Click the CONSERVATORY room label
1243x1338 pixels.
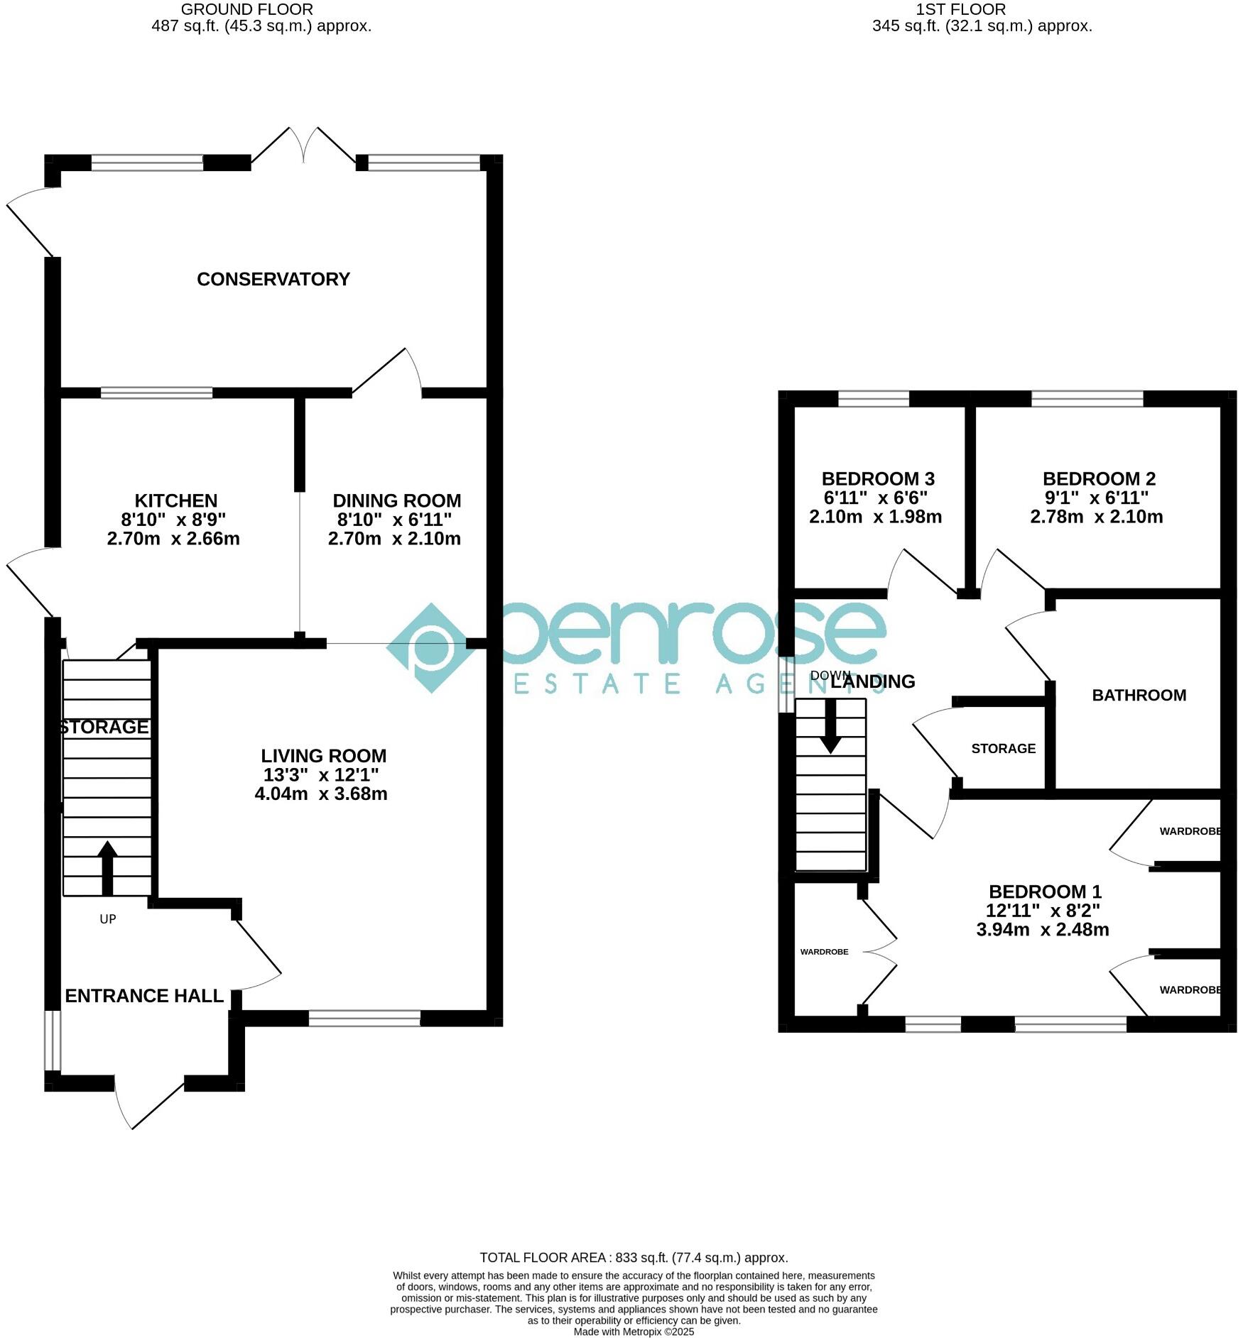click(273, 279)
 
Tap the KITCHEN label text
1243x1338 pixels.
click(176, 500)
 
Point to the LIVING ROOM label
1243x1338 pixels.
click(323, 756)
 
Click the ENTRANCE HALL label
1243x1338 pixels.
click(144, 996)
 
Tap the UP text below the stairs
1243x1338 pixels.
click(107, 919)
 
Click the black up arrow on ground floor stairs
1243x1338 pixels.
click(107, 867)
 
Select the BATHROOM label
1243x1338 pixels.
click(1139, 695)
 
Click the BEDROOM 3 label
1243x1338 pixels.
click(878, 478)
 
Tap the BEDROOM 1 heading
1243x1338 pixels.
click(1045, 892)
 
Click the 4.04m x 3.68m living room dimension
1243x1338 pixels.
click(321, 794)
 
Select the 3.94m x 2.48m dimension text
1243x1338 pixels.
click(1043, 929)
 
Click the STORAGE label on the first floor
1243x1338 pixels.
click(1003, 748)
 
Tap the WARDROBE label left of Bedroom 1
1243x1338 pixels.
click(824, 952)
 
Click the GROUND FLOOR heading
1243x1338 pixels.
click(246, 9)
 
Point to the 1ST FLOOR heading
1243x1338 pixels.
click(960, 9)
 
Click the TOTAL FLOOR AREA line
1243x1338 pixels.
click(634, 1258)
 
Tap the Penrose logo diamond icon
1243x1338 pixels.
click(432, 648)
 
